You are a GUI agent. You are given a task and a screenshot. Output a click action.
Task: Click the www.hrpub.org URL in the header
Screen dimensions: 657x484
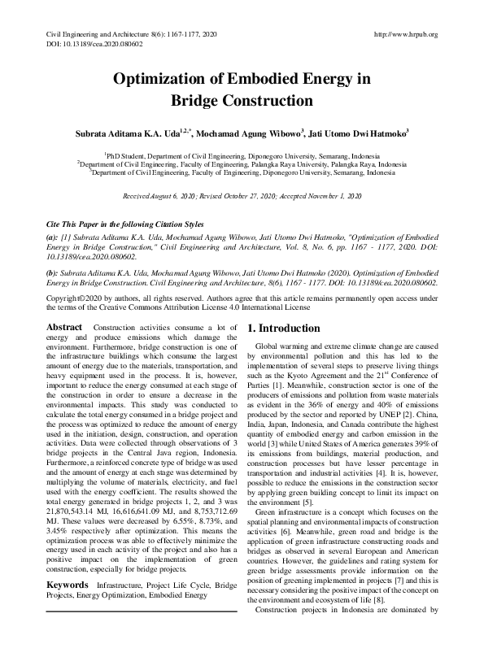click(x=405, y=34)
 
